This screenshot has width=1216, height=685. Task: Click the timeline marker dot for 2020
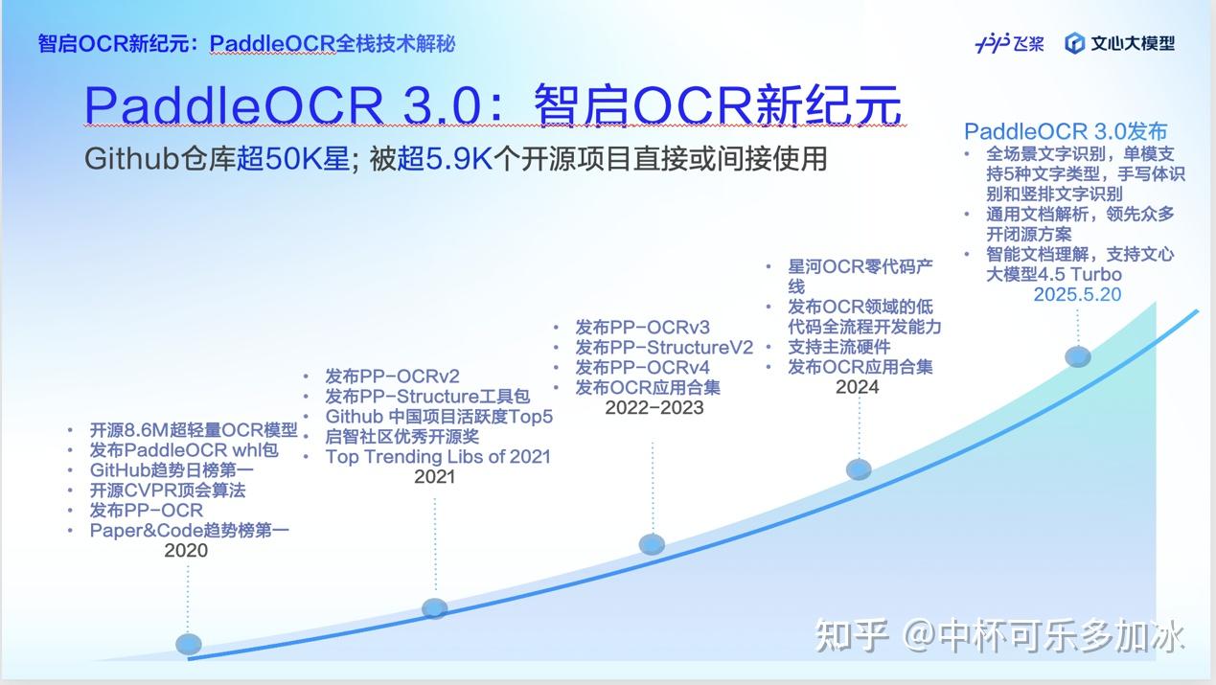point(189,644)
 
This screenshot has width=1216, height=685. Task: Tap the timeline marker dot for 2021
point(435,608)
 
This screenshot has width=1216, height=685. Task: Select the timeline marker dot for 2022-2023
point(652,544)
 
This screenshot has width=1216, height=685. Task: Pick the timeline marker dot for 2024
point(859,468)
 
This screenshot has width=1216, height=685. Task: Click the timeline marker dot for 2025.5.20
point(1078,357)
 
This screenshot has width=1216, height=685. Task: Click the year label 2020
point(186,551)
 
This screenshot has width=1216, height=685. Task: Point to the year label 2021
point(434,477)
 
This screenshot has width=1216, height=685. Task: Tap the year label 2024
point(857,387)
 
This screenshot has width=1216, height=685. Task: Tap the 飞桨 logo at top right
point(1009,43)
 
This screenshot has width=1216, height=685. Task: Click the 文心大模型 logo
point(1119,43)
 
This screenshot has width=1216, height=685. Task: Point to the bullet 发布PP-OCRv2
point(392,377)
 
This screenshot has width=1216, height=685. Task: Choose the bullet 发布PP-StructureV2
point(664,348)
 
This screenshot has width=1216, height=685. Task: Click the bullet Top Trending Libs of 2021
point(438,456)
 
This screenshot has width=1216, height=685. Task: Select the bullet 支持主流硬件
point(838,347)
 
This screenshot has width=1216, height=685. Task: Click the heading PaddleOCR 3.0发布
point(1066,132)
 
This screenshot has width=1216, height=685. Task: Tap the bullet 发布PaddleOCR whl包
point(184,450)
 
